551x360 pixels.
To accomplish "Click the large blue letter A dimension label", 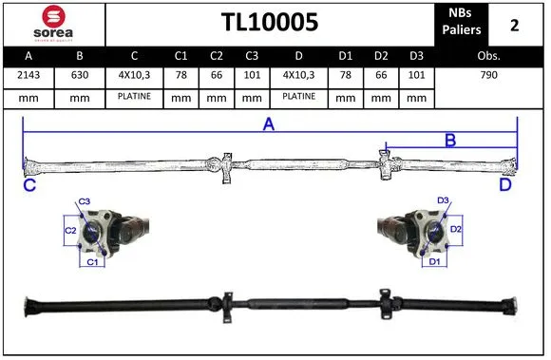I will point(269,124).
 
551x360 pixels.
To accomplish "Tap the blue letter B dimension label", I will point(450,141).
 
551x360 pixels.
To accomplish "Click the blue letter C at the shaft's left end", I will point(29,185).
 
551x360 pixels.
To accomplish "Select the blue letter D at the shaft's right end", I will point(505,185).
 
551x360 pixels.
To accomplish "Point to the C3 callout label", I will point(84,201).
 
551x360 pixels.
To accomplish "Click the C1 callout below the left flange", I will point(92,261).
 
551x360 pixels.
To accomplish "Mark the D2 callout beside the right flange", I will point(456,229).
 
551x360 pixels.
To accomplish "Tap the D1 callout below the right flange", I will point(433,261).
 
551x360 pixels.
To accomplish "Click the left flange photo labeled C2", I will point(109,231).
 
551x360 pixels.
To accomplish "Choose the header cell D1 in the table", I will point(346,56).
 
